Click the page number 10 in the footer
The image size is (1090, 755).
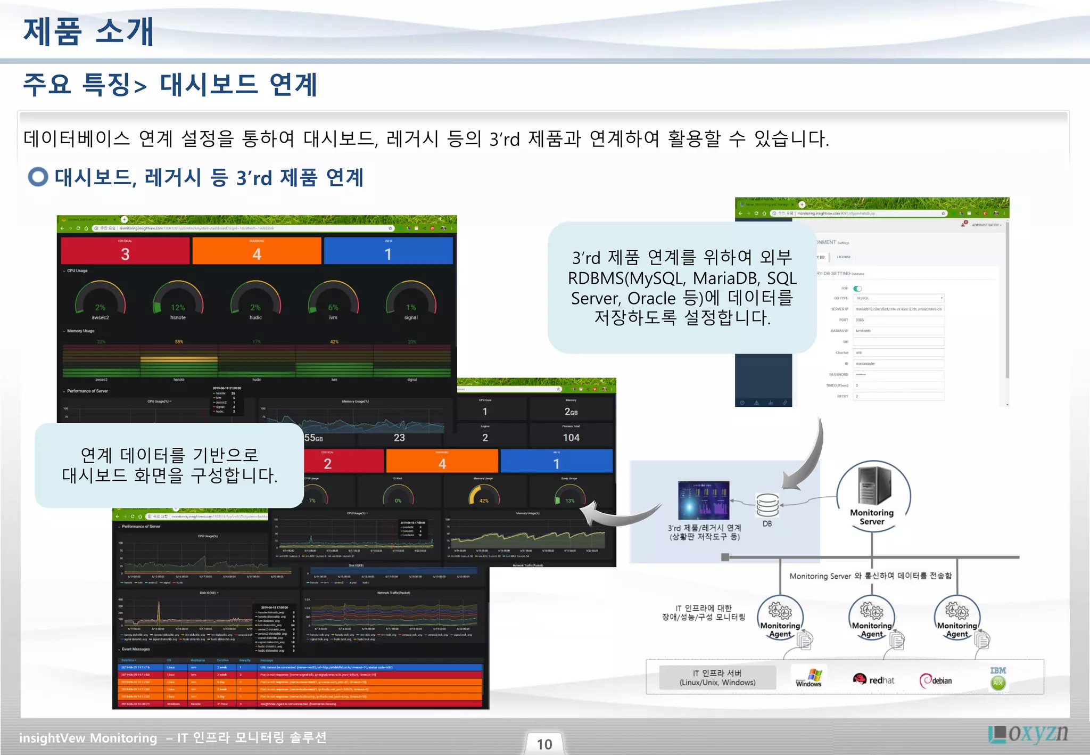point(544,744)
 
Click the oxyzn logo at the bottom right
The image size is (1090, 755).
point(1028,734)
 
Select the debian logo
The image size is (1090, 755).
point(936,680)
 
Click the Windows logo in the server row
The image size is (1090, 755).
point(809,678)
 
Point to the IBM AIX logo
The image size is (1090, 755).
point(998,678)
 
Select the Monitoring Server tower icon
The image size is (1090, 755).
point(873,486)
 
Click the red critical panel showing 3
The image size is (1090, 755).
point(125,251)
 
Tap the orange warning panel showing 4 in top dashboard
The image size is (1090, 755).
point(257,251)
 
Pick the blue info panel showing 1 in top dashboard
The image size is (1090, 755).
point(388,251)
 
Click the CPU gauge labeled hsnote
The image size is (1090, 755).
point(178,300)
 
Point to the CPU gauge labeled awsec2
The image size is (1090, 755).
point(100,300)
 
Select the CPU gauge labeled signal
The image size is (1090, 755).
point(411,300)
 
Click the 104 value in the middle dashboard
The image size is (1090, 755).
point(571,437)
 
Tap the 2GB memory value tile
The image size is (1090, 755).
point(571,412)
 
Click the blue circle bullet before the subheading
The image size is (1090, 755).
point(38,177)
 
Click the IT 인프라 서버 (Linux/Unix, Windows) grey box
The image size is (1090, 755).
point(717,678)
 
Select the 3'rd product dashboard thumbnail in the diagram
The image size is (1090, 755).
point(704,500)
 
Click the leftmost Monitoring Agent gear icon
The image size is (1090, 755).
point(780,612)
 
